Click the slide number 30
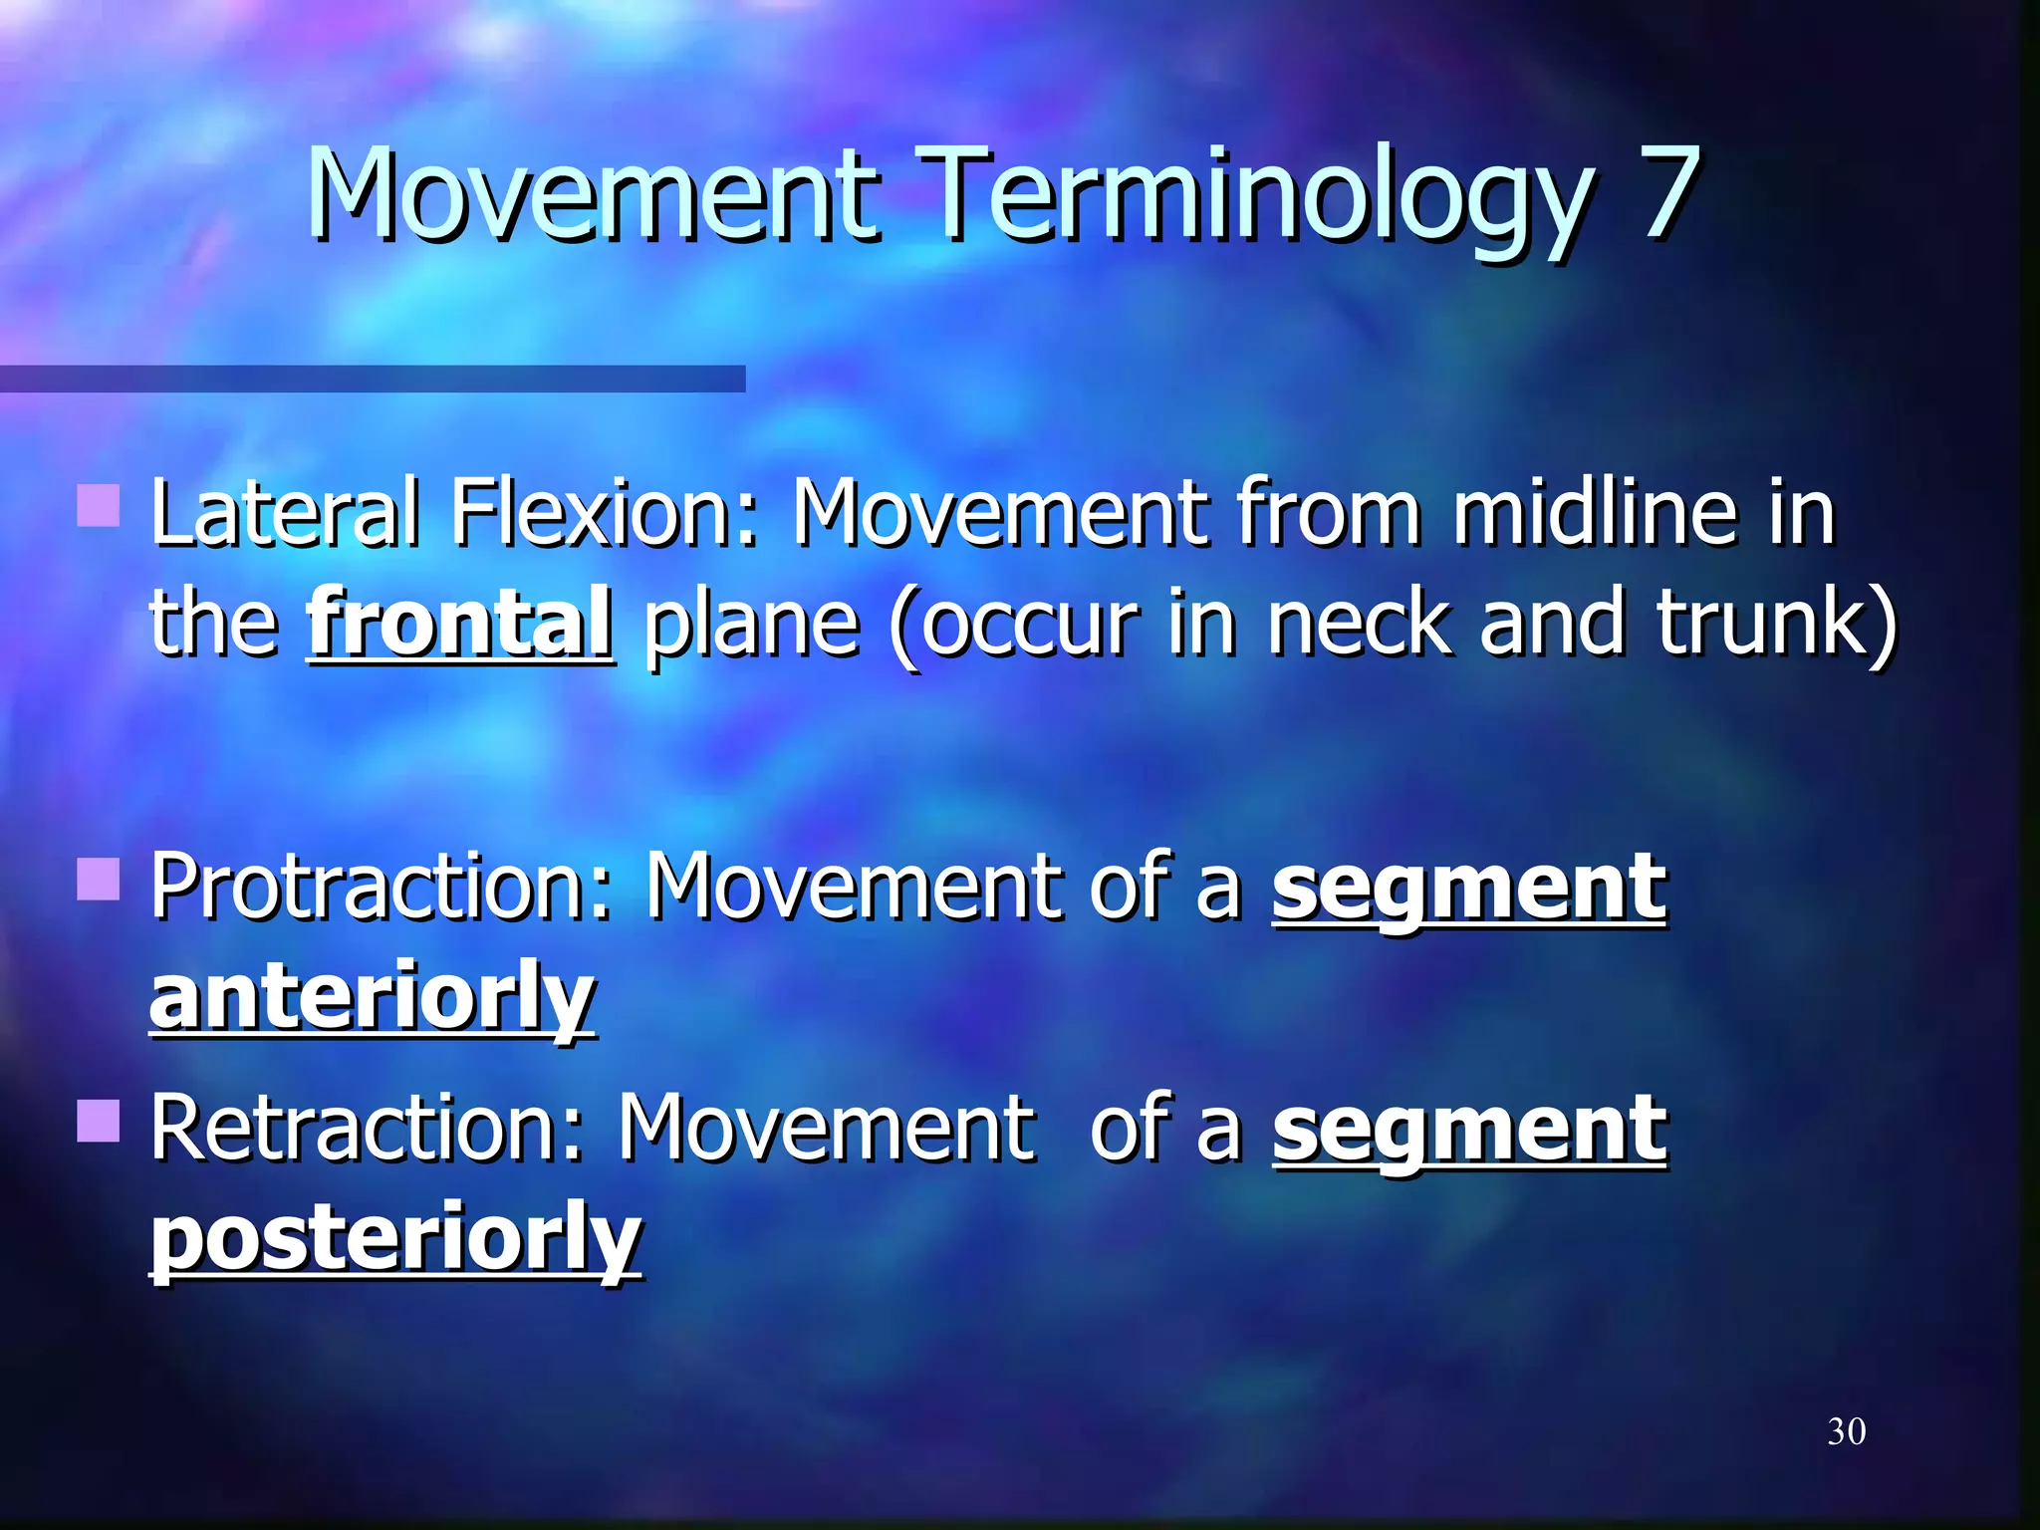point(1846,1431)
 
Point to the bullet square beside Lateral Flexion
point(99,505)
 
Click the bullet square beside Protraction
point(99,879)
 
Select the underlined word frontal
point(460,624)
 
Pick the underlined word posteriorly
point(395,1240)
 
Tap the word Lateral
point(286,512)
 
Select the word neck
point(1359,624)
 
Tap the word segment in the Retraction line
point(1468,1131)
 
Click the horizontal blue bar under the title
point(373,379)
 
